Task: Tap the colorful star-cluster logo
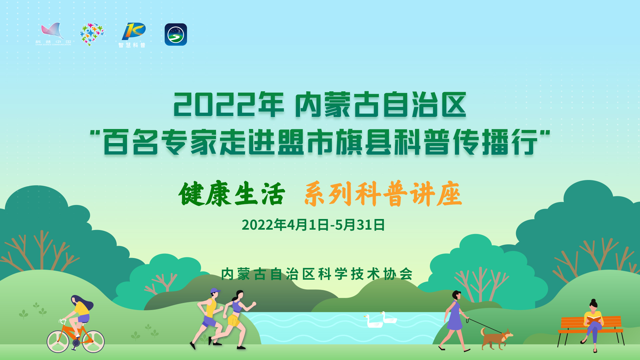[92, 34]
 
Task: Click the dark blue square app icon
[176, 34]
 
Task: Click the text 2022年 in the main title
[229, 105]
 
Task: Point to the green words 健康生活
[232, 194]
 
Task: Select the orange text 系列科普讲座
[383, 194]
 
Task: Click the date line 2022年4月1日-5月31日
[313, 225]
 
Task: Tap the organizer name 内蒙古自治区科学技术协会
[317, 274]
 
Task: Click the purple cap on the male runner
[215, 291]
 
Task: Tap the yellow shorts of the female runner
[234, 320]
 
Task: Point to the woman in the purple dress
[454, 321]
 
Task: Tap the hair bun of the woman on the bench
[593, 301]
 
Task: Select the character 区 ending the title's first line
[454, 105]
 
